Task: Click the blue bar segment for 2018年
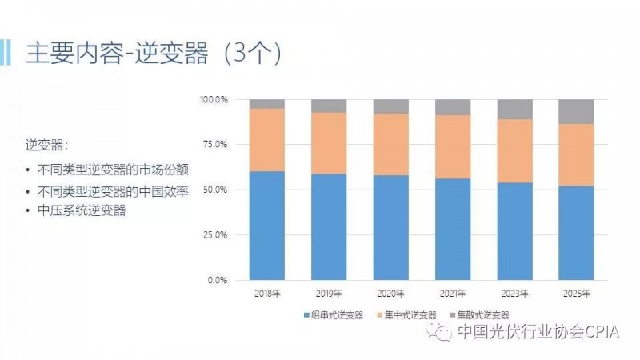pyautogui.click(x=266, y=226)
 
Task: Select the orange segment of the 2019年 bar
pyautogui.click(x=329, y=143)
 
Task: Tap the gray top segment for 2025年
pyautogui.click(x=576, y=111)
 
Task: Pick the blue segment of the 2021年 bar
pyautogui.click(x=453, y=229)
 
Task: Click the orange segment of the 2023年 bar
pyautogui.click(x=515, y=150)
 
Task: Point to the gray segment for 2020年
pyautogui.click(x=390, y=106)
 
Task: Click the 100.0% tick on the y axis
pyautogui.click(x=214, y=100)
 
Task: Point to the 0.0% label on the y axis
pyautogui.click(x=218, y=280)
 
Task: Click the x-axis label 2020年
pyautogui.click(x=390, y=294)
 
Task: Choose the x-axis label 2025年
pyautogui.click(x=576, y=294)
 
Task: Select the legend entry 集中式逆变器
pyautogui.click(x=410, y=315)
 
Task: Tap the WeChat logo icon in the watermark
pyautogui.click(x=442, y=331)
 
